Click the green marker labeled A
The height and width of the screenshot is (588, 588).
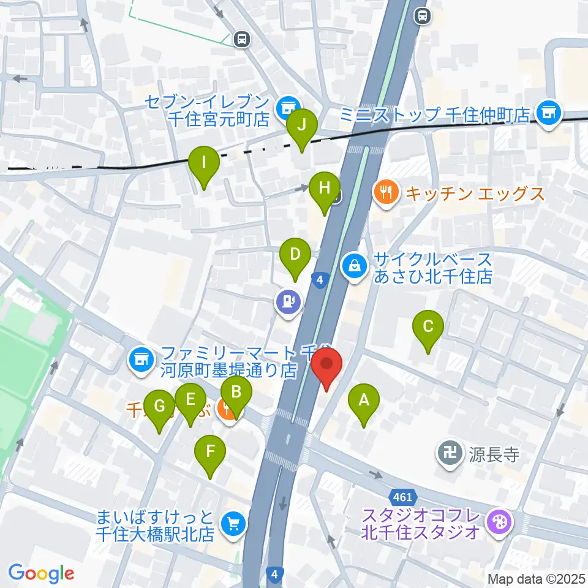click(364, 402)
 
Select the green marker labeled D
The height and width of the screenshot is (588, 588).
click(295, 254)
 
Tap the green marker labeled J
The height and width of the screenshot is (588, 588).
click(301, 126)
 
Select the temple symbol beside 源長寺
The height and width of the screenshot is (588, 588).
click(450, 454)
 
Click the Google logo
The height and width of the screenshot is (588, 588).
click(41, 573)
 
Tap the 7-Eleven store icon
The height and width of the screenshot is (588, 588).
click(285, 108)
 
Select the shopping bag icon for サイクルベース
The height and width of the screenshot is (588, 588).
click(355, 265)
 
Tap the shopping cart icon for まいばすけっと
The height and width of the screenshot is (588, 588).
click(233, 523)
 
